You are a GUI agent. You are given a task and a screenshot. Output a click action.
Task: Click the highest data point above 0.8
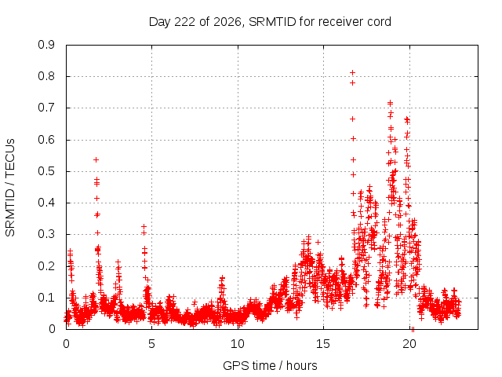[x=352, y=73]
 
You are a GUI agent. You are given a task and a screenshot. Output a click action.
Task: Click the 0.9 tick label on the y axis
[x=46, y=45]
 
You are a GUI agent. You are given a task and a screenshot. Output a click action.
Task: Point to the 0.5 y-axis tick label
[x=46, y=171]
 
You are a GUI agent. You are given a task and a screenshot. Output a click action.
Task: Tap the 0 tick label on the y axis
[x=52, y=329]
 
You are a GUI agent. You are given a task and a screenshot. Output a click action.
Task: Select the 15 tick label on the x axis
[x=323, y=344]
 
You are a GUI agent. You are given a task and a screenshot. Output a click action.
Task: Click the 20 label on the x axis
[x=409, y=344]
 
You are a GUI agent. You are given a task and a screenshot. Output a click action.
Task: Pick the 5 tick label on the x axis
[x=151, y=344]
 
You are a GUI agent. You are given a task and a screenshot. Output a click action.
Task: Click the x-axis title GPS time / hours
[x=270, y=365]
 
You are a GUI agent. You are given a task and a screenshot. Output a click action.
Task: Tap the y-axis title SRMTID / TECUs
[x=10, y=188]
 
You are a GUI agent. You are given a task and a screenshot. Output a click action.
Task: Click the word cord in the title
[x=380, y=22]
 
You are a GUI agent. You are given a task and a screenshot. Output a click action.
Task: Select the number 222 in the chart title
[x=184, y=22]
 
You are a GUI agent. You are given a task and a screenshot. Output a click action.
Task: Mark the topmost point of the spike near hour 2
[x=96, y=159]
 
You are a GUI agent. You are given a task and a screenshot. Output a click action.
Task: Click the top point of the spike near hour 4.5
[x=144, y=227]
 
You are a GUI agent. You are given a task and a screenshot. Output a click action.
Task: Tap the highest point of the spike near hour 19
[x=390, y=103]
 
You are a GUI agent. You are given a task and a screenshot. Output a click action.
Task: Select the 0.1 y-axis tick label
[x=46, y=298]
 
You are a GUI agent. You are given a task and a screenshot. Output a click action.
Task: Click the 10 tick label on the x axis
[x=238, y=344]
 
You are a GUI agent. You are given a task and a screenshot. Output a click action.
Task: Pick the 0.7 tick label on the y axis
[x=46, y=108]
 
